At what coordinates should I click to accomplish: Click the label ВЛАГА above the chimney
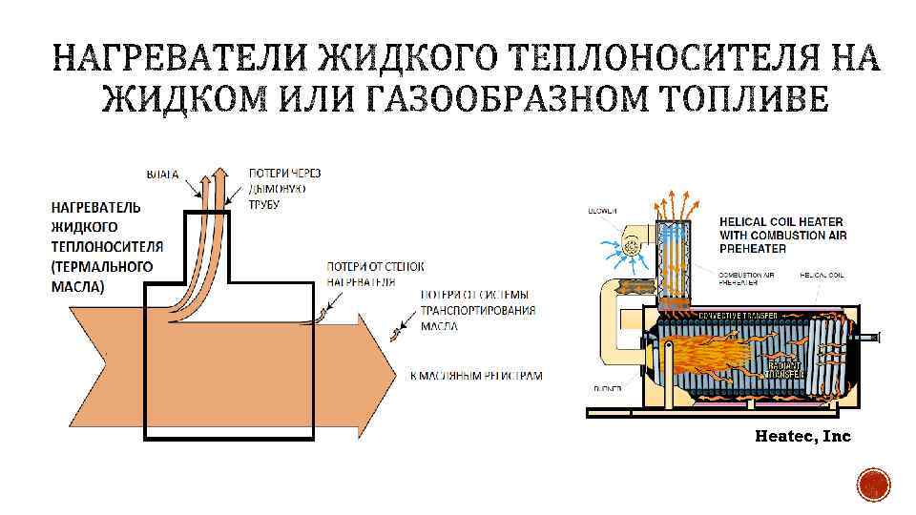coord(162,175)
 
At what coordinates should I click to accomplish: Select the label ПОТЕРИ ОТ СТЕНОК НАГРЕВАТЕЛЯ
coord(375,275)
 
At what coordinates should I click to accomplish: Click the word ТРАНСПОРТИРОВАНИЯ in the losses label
coord(477,310)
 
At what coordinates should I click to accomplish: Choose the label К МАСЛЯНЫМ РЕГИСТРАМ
coord(475,376)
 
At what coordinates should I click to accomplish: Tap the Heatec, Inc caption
coord(801,436)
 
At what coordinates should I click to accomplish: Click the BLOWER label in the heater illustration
coord(602,211)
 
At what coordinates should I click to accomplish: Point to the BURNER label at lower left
coord(607,389)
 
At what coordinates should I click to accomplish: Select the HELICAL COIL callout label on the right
coord(822,275)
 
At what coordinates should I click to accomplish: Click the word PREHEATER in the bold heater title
coord(754,248)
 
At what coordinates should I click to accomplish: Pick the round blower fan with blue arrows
coord(630,247)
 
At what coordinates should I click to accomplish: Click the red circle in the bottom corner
coord(874,486)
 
